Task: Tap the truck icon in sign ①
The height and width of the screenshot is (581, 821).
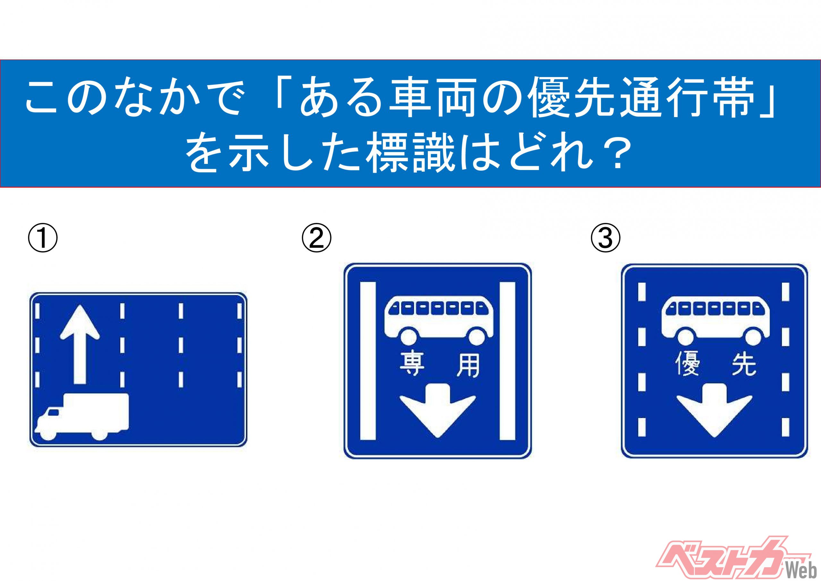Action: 81,416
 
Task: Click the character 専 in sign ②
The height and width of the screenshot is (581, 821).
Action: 411,365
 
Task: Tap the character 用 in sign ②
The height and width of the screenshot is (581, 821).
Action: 467,365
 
